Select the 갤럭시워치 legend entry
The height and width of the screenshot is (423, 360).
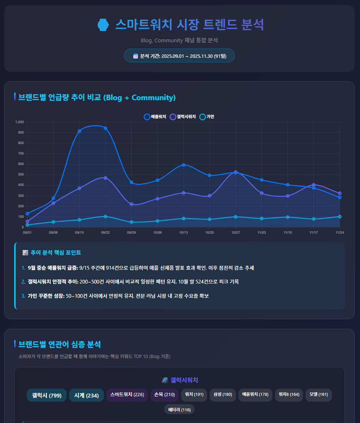[183, 116]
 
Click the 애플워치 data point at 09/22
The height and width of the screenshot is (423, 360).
[105, 128]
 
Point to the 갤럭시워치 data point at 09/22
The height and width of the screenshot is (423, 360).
[105, 178]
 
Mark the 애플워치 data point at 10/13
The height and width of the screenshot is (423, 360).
[184, 165]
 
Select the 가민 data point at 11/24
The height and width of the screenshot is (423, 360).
[339, 217]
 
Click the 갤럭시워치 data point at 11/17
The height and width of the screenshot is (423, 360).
[313, 185]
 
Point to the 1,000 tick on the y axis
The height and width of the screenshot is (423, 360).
[20, 122]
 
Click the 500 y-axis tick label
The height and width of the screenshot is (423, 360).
[21, 175]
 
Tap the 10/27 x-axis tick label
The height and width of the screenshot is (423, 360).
[236, 232]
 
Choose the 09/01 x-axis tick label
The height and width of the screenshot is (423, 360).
[27, 232]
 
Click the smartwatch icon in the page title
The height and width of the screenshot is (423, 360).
[103, 25]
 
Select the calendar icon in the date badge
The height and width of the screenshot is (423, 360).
[135, 56]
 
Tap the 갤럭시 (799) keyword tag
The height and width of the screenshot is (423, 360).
[47, 395]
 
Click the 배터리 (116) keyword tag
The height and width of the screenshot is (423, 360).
[179, 410]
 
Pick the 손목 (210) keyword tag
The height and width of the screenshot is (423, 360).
[164, 395]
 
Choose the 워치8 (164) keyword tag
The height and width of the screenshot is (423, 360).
[289, 395]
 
